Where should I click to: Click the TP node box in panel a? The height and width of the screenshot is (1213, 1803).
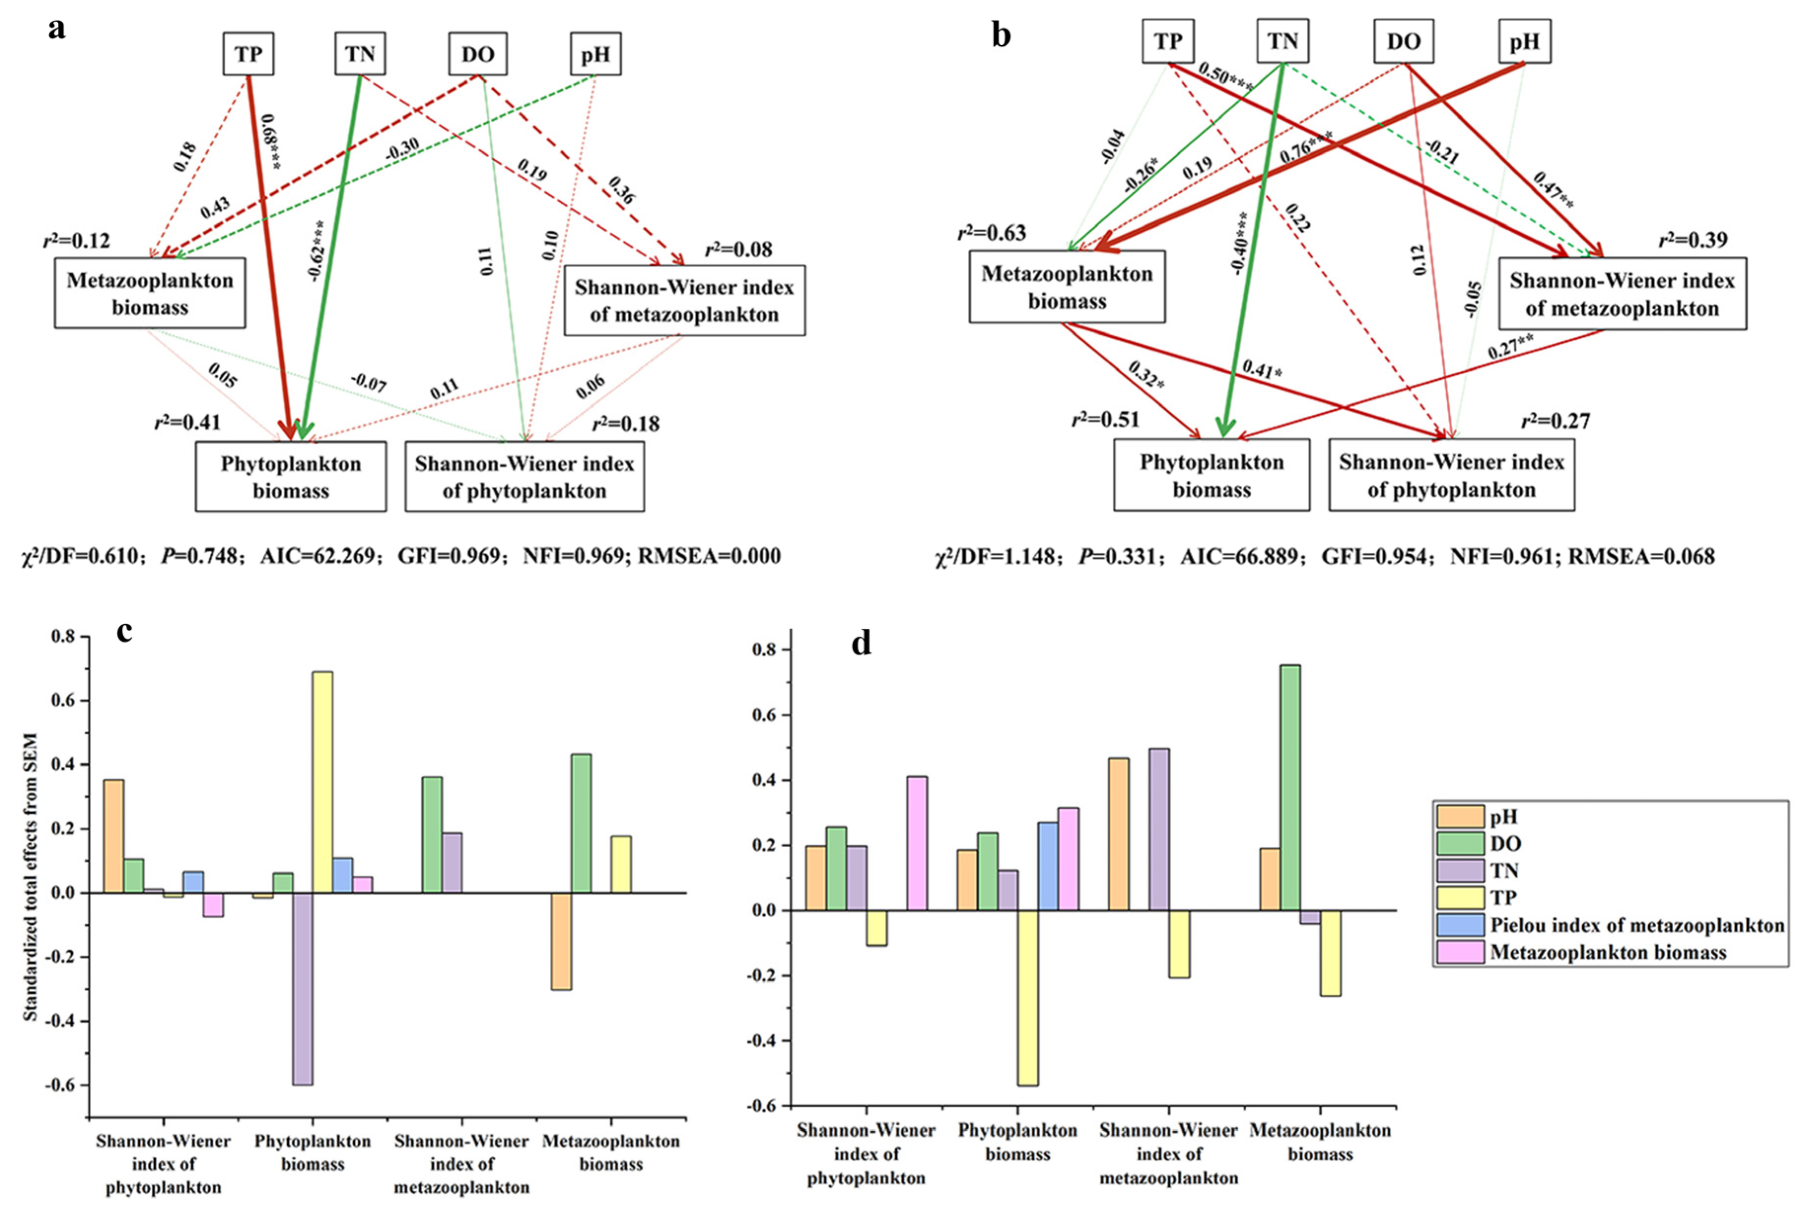click(x=248, y=54)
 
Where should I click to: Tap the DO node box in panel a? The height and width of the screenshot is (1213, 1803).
click(x=478, y=54)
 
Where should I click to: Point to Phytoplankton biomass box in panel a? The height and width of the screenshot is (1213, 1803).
click(x=291, y=476)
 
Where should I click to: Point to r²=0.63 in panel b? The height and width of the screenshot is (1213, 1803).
click(x=992, y=233)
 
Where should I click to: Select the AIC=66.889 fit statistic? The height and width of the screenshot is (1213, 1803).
click(x=1239, y=556)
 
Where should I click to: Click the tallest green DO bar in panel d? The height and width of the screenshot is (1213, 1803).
click(x=1291, y=787)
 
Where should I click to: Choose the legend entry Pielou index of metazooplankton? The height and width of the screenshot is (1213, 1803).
click(x=1637, y=925)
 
